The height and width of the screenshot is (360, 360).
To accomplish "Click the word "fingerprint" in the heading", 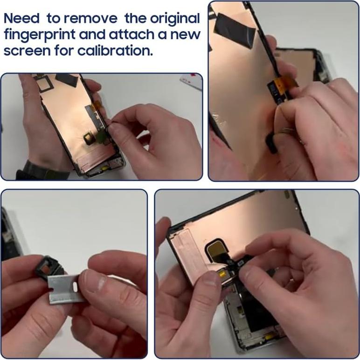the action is coord(40,35).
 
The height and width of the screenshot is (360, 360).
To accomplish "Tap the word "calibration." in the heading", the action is coord(115,50).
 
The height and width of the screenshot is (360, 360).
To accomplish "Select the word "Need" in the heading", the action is coord(21,18).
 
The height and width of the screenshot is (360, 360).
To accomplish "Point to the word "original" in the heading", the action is coord(175,19).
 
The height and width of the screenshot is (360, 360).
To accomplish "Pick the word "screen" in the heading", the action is coord(27,51).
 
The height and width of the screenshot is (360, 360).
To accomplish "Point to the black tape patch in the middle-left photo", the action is coord(68,80).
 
